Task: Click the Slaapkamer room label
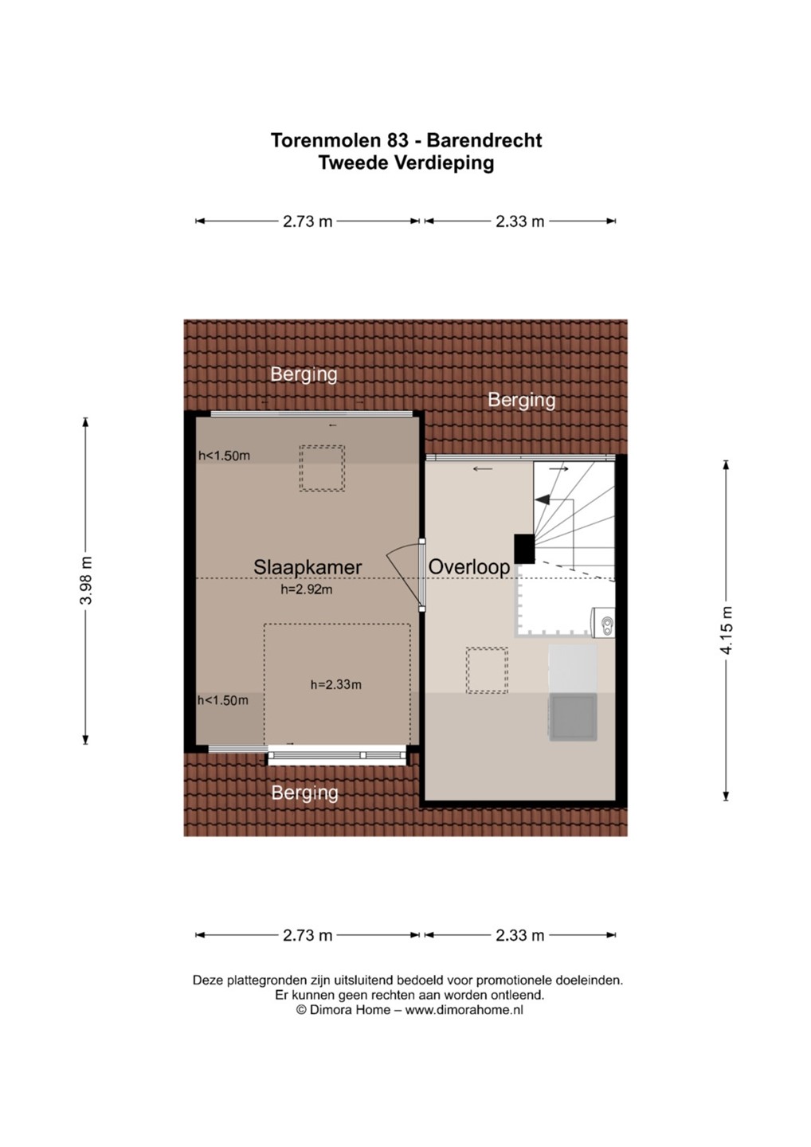click(308, 567)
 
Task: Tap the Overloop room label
click(469, 567)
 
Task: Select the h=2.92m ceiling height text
click(306, 589)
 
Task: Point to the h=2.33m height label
click(336, 684)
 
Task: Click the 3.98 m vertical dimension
click(86, 580)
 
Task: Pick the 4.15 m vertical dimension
click(726, 630)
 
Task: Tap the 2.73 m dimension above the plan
click(308, 221)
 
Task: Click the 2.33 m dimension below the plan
click(519, 935)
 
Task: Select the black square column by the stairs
click(524, 548)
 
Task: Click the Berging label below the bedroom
click(304, 793)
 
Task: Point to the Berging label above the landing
click(521, 400)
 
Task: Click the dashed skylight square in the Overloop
click(487, 671)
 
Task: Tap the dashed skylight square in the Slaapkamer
click(322, 468)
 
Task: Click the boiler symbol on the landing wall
click(604, 622)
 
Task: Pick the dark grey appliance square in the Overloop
click(573, 717)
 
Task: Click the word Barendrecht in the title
click(484, 140)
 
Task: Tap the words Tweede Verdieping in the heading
click(406, 162)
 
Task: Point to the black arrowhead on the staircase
click(543, 499)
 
